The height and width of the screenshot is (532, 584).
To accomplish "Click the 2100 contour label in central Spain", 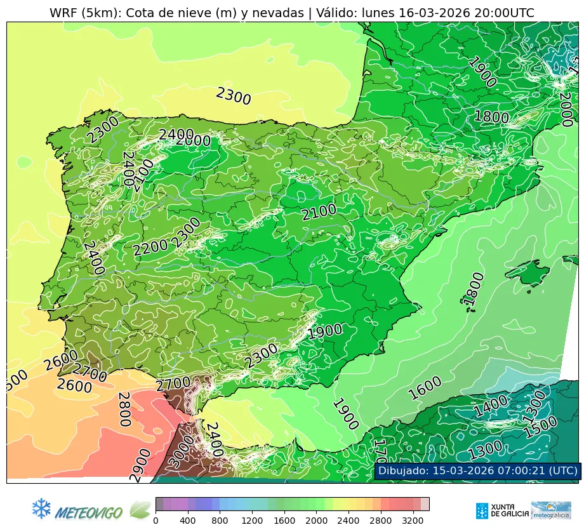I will (319, 213).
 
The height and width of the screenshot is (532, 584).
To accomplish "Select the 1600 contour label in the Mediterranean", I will (425, 388).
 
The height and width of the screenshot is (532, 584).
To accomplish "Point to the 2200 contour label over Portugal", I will (150, 248).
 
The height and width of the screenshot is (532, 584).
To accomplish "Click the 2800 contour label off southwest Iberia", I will (124, 409).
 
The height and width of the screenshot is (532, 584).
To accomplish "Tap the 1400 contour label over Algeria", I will (490, 406).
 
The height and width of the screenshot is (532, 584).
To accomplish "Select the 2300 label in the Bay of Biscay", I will (233, 96).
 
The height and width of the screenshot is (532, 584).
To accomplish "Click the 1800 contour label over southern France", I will (491, 117).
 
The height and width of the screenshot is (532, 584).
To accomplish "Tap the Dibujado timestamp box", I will (477, 471).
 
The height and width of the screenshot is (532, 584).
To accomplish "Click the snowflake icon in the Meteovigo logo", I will (41, 508).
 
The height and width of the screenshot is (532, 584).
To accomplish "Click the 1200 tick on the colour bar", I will (253, 521).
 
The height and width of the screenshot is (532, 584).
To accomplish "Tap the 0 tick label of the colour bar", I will (156, 521).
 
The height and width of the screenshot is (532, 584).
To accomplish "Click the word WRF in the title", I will (62, 13).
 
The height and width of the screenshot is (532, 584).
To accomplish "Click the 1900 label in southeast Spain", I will (324, 331).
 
